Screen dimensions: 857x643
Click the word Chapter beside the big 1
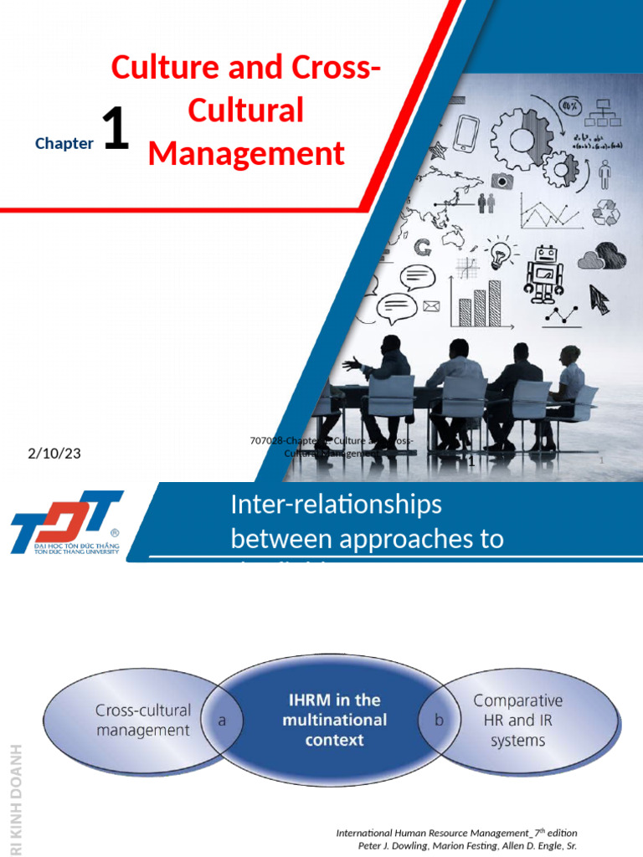pyautogui.click(x=64, y=143)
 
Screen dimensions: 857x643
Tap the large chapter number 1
pyautogui.click(x=115, y=132)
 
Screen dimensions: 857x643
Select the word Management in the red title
pyautogui.click(x=246, y=154)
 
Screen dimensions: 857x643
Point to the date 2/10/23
pyautogui.click(x=54, y=454)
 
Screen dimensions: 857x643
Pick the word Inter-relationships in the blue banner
pyautogui.click(x=336, y=505)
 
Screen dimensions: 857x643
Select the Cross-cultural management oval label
pyautogui.click(x=142, y=720)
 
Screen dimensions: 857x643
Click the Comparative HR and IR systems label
pyautogui.click(x=518, y=720)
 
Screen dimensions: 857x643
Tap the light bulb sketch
pyautogui.click(x=502, y=254)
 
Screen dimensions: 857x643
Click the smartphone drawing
pyautogui.click(x=466, y=133)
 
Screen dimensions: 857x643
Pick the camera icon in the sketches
pyautogui.click(x=502, y=180)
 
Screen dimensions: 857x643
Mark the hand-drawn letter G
pyautogui.click(x=423, y=247)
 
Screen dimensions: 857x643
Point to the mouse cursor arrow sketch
pyautogui.click(x=599, y=298)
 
